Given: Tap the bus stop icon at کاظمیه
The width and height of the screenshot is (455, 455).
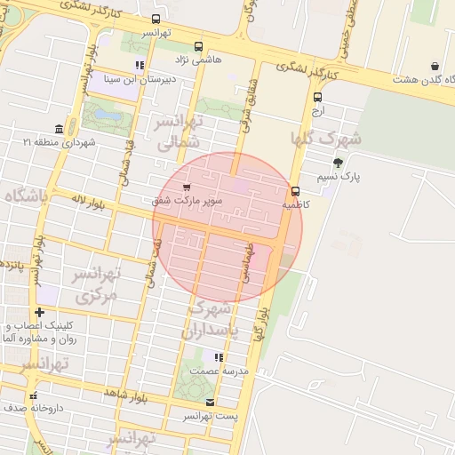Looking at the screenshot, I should (295, 191).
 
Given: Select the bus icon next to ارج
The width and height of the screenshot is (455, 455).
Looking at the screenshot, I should (318, 98).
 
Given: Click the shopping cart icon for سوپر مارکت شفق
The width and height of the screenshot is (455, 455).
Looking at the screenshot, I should (186, 188).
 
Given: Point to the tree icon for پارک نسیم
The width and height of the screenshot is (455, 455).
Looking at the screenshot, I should (338, 162).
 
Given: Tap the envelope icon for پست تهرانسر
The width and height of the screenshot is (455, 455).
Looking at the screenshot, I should (210, 402).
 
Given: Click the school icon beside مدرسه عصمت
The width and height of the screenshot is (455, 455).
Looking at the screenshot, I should (219, 356).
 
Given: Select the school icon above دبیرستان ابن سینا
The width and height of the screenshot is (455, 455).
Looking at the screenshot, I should (140, 65).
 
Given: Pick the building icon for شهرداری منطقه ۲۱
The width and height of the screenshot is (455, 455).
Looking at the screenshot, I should (59, 129).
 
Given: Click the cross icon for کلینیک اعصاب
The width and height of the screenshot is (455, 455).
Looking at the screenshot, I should (39, 312).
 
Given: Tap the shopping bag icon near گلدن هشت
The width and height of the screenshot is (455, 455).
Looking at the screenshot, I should (435, 66).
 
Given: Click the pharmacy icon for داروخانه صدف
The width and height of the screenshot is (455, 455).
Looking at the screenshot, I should (34, 395).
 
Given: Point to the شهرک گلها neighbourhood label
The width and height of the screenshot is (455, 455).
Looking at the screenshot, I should (326, 139).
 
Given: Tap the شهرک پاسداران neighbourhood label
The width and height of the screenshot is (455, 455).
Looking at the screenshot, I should (210, 320).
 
